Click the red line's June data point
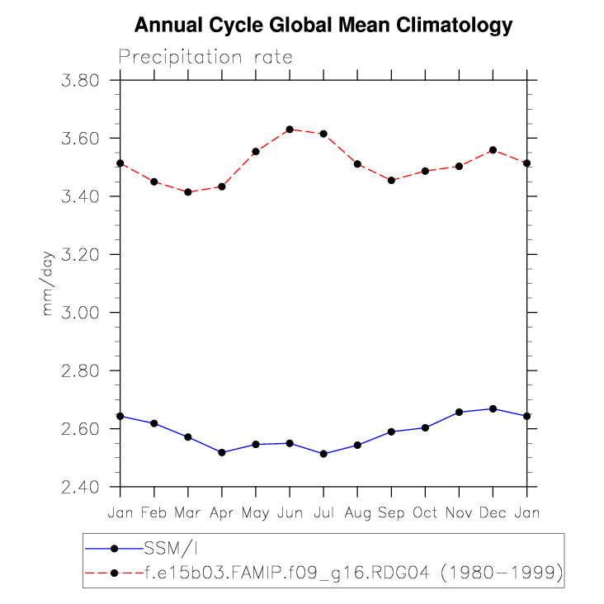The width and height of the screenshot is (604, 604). pyautogui.click(x=290, y=130)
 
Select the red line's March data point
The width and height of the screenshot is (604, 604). pyautogui.click(x=188, y=192)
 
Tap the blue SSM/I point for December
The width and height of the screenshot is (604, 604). pyautogui.click(x=493, y=409)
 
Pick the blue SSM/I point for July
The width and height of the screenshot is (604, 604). pyautogui.click(x=323, y=454)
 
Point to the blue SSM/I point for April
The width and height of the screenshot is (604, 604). pyautogui.click(x=222, y=452)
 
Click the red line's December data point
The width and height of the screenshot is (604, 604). pyautogui.click(x=493, y=150)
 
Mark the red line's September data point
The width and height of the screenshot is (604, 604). pyautogui.click(x=392, y=180)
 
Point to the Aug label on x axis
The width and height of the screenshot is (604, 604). pyautogui.click(x=357, y=513)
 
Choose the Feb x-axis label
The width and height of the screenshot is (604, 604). pyautogui.click(x=154, y=513)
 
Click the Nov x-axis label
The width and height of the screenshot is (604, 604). pyautogui.click(x=460, y=513)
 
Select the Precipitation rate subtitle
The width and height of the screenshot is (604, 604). pyautogui.click(x=205, y=57)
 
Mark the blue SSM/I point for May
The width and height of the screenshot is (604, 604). pyautogui.click(x=256, y=444)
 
